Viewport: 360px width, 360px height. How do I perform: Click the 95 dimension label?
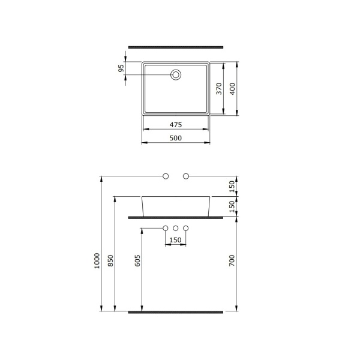pos(121,68)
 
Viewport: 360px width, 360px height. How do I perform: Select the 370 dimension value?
pos(219,89)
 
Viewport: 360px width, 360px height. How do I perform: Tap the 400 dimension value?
pos(232,89)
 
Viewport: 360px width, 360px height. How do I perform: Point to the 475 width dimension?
pos(176,125)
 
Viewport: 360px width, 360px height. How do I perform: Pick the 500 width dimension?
pos(176,138)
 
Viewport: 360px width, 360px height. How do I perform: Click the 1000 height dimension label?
pos(97,260)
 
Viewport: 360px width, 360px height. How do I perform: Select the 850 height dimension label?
pos(110,260)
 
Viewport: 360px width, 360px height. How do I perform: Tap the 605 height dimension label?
pos(137,260)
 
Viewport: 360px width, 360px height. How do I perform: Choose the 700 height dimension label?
pos(232,260)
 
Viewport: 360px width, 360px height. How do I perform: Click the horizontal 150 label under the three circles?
pos(175,240)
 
